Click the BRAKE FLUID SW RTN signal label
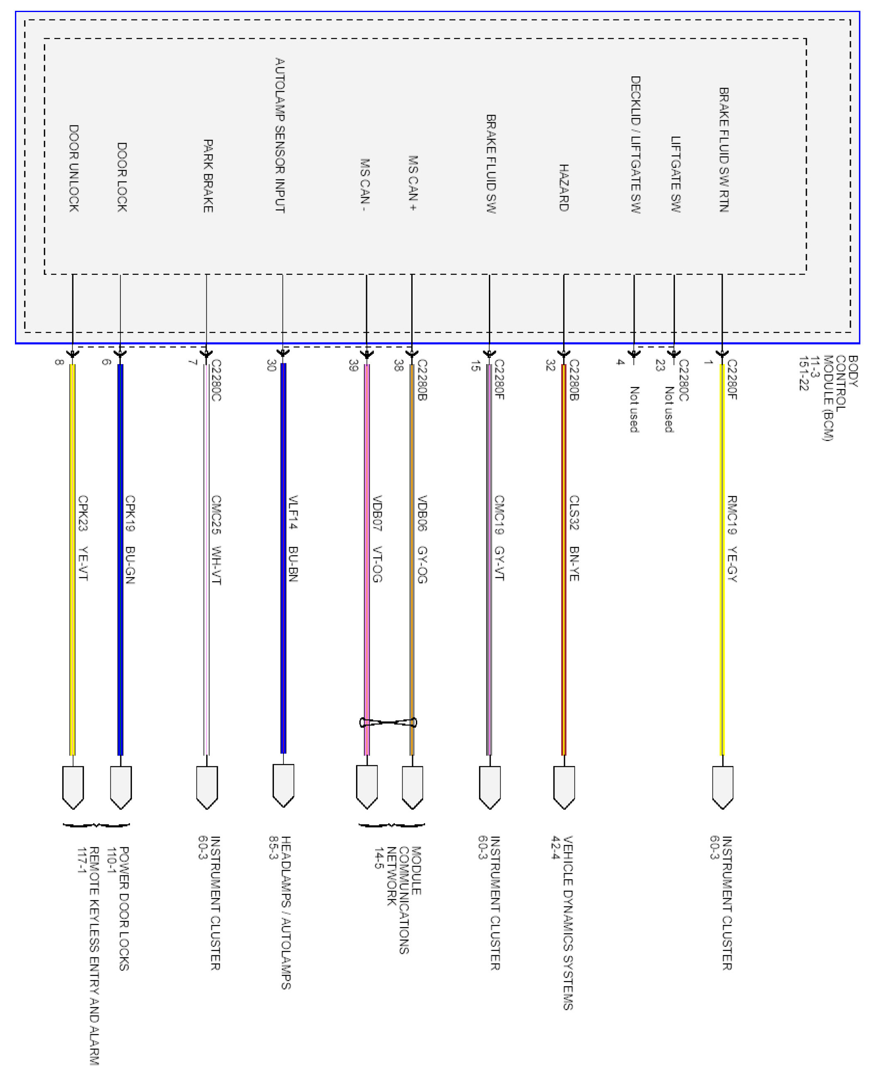(x=723, y=149)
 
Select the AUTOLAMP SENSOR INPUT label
(x=280, y=135)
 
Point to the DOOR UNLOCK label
(x=74, y=168)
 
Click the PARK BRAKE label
(x=208, y=176)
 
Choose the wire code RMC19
(x=732, y=514)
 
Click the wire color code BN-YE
(x=574, y=563)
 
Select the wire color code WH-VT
(x=216, y=565)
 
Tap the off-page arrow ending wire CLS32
(x=564, y=787)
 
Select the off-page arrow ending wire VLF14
(x=283, y=785)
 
